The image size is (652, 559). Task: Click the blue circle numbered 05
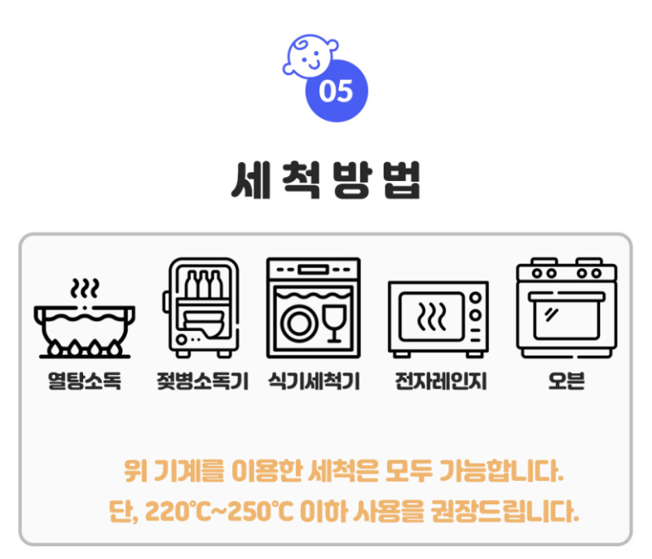(336, 90)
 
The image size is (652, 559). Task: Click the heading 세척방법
(325, 182)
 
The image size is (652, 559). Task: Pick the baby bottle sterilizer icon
(201, 308)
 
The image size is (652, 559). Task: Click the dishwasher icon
(313, 307)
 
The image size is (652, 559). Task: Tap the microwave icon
(438, 319)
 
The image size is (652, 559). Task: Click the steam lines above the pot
(84, 288)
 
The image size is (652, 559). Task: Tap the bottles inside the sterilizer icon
(204, 285)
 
